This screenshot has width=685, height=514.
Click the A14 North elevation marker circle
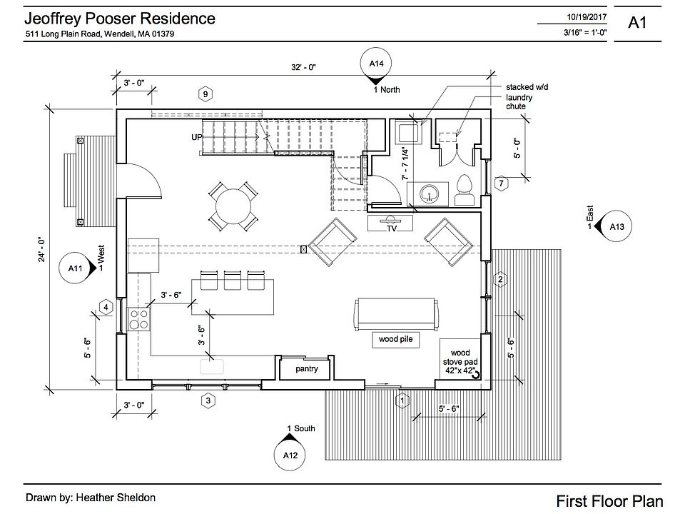(x=377, y=64)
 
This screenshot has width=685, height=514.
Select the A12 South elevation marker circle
(x=290, y=454)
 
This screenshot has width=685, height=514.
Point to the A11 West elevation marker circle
(x=76, y=268)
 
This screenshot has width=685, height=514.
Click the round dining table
(x=234, y=206)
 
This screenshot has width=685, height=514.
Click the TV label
(x=392, y=228)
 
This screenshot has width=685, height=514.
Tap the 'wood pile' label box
(x=395, y=341)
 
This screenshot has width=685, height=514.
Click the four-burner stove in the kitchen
(x=138, y=318)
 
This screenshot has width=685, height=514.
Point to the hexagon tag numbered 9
(x=205, y=94)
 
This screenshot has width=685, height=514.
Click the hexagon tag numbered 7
(x=502, y=183)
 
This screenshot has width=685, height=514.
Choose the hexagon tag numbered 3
(x=208, y=401)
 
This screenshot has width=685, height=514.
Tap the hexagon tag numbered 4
(x=107, y=308)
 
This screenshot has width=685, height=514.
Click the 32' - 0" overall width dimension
(x=303, y=66)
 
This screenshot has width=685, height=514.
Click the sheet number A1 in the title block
(x=637, y=22)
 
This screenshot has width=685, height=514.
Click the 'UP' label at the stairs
(x=196, y=136)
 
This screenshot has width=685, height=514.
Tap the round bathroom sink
(x=428, y=192)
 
